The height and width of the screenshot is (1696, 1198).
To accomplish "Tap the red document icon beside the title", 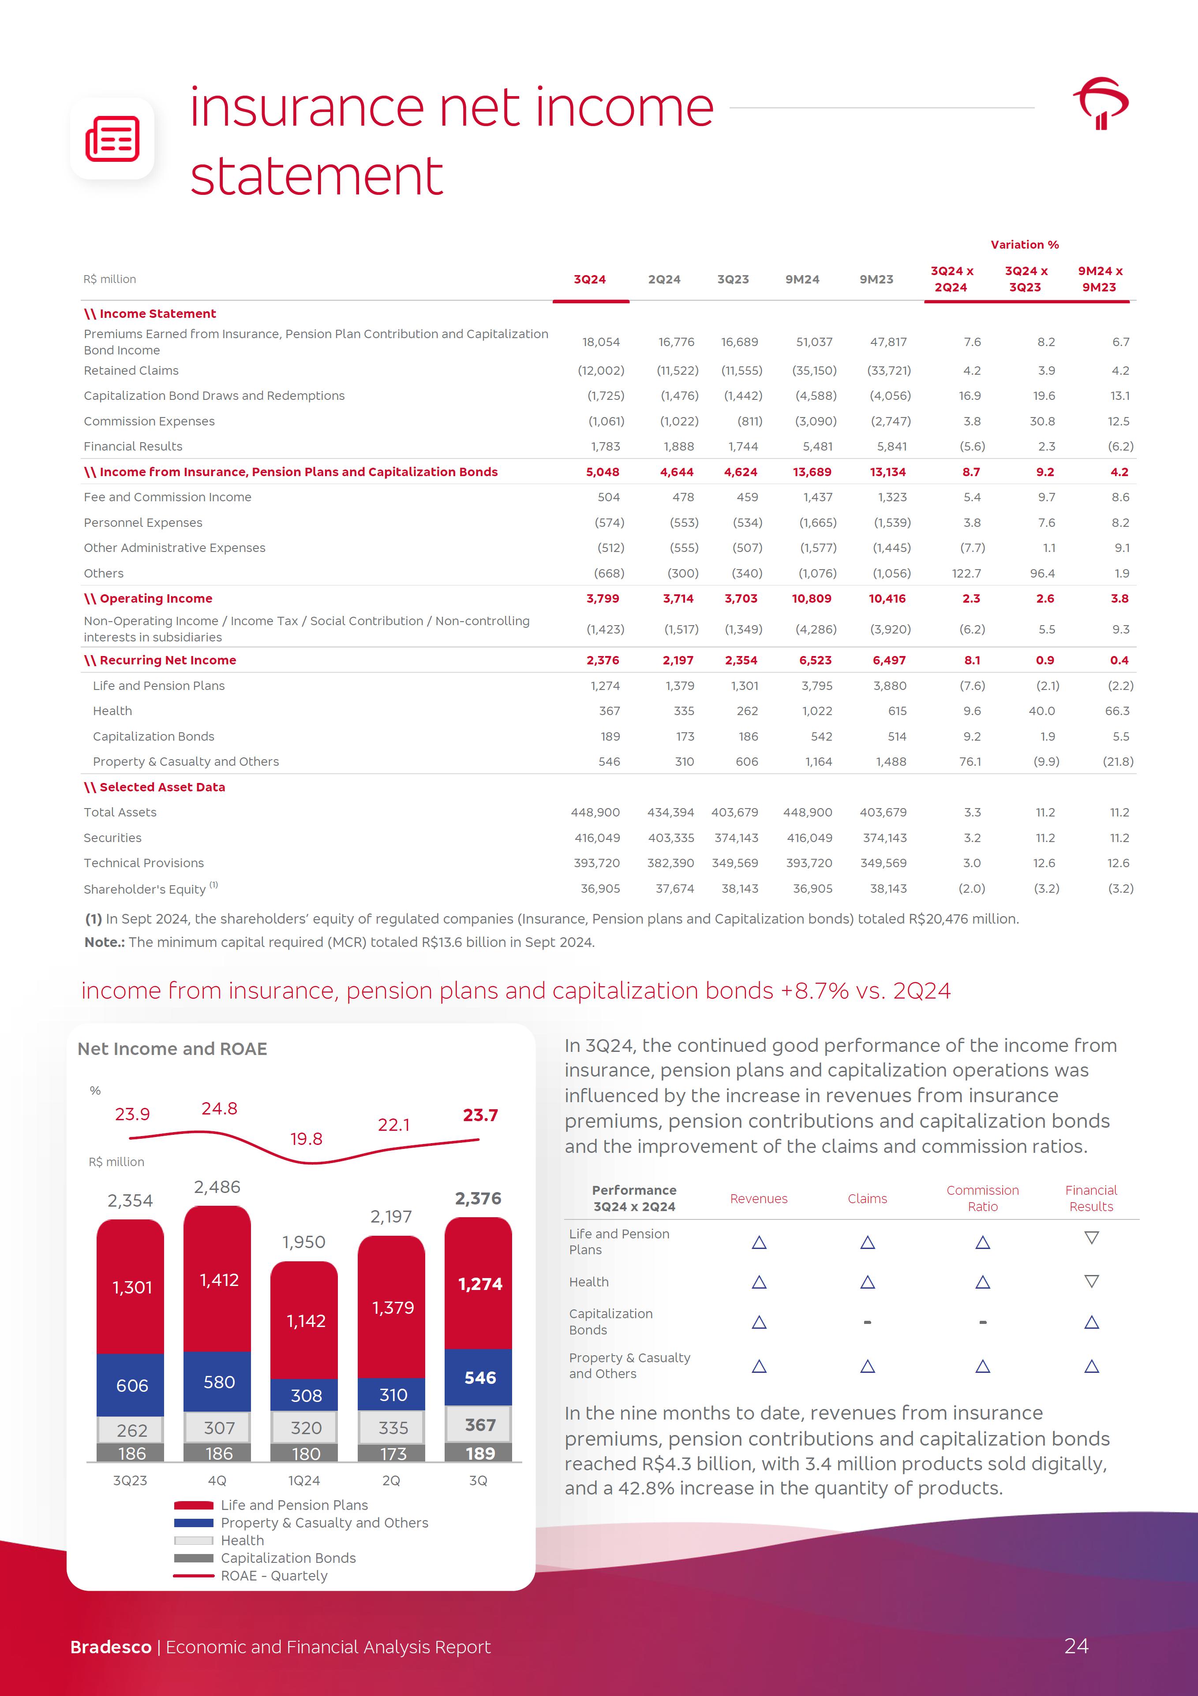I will pos(112,138).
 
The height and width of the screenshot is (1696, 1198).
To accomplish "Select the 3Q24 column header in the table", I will pos(590,279).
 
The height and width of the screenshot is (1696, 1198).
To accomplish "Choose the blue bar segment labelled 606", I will pos(131,1386).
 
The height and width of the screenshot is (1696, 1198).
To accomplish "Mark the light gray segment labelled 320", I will pos(306,1428).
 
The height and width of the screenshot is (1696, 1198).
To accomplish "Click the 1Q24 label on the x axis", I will pos(304,1480).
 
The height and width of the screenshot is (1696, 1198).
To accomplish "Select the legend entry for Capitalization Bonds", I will pos(288,1558).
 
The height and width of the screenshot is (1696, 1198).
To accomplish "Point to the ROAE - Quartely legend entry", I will pos(273,1576).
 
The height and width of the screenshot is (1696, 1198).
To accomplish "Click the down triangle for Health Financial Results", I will pos(1091,1281).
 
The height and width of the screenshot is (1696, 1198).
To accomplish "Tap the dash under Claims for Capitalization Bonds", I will pos(867,1322).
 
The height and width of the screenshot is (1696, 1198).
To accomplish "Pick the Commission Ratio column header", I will pos(982,1198).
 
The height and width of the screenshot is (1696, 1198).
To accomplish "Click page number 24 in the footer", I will pos(1076,1646).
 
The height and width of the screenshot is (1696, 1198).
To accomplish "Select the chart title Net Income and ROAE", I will pos(172,1049).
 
